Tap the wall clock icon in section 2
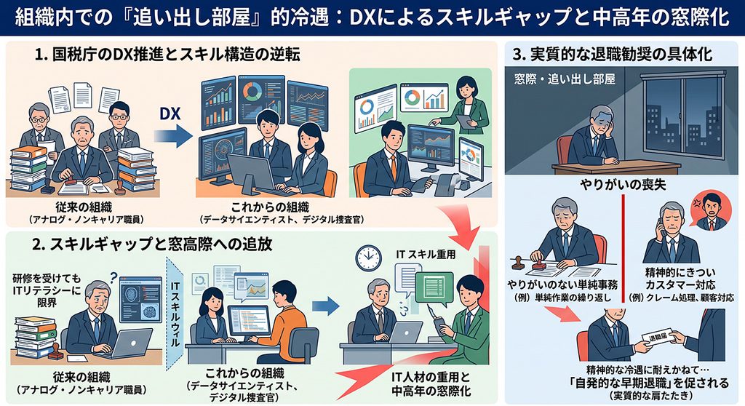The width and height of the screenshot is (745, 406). click(368, 258)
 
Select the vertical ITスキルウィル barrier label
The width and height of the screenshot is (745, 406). click(175, 314)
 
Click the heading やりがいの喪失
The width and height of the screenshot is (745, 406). click(623, 185)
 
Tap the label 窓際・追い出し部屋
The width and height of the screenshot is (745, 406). click(565, 79)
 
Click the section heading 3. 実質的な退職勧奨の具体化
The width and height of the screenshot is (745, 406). click(613, 54)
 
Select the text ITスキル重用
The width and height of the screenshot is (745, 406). click(426, 255)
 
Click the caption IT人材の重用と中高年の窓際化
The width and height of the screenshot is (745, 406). click(431, 383)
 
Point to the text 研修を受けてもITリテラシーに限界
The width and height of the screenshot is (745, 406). click(47, 290)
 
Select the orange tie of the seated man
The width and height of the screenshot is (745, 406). click(393, 167)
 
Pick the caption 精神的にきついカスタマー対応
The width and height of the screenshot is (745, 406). click(680, 279)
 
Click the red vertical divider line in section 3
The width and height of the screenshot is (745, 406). click(622, 247)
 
